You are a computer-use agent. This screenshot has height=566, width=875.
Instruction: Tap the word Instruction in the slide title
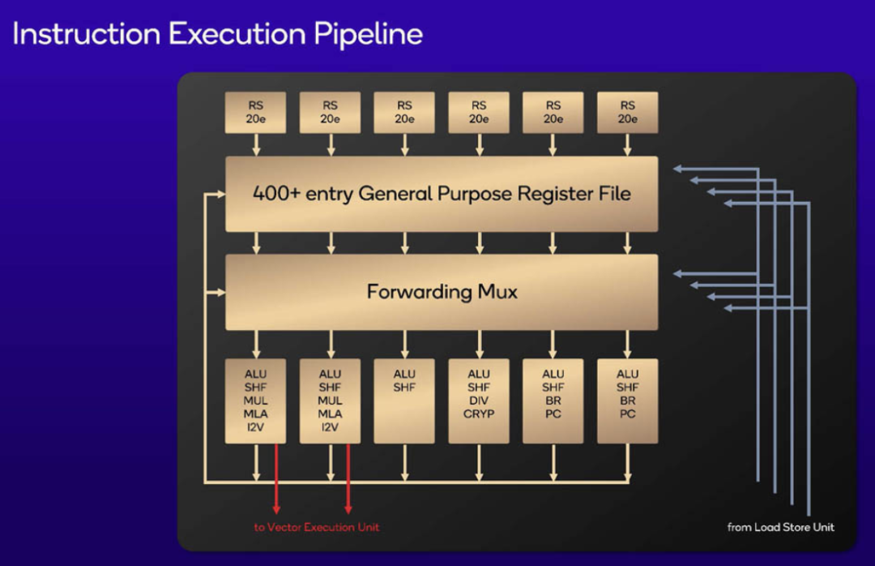[85, 34]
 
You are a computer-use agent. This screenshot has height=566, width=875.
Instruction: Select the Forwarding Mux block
[442, 292]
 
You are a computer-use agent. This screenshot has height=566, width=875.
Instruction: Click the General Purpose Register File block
[442, 194]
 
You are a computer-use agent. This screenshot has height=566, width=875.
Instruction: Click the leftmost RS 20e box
[256, 112]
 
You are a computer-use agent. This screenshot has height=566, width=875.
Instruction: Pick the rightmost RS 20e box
[627, 112]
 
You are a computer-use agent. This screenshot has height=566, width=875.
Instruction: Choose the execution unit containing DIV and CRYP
[479, 401]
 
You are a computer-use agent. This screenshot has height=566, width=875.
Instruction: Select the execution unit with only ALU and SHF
[404, 401]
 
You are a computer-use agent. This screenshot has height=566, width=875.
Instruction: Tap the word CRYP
[479, 414]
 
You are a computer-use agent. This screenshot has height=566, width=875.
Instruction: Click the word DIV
[479, 401]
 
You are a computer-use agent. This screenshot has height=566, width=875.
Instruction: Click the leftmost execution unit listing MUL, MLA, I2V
[256, 401]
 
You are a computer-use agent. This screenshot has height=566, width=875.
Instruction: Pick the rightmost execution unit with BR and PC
[627, 401]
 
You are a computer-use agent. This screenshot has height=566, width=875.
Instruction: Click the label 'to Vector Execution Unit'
[317, 527]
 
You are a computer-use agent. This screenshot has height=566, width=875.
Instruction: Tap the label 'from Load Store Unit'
[780, 527]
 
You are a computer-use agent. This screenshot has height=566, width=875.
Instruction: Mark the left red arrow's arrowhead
[276, 508]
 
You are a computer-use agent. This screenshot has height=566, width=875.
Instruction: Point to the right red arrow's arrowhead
[348, 508]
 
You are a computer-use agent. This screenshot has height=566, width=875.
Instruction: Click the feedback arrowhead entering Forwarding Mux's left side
[220, 292]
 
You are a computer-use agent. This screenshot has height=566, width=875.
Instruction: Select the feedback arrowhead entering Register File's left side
[220, 194]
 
